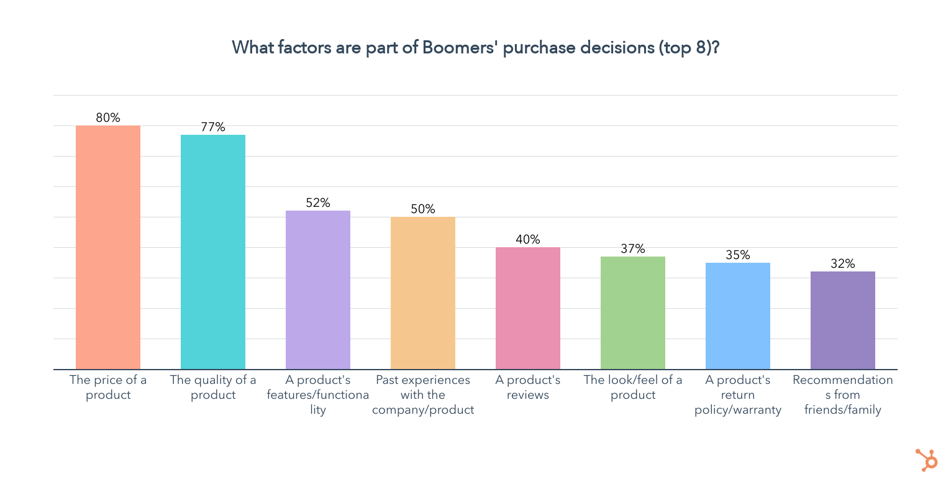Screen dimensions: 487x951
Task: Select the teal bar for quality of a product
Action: pyautogui.click(x=213, y=252)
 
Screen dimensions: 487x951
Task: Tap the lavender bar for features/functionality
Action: pyautogui.click(x=318, y=289)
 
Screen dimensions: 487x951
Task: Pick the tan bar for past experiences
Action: pyautogui.click(x=423, y=293)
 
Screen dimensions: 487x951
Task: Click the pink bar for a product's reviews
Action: pyautogui.click(x=528, y=308)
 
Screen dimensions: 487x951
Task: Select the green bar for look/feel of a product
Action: pyautogui.click(x=633, y=312)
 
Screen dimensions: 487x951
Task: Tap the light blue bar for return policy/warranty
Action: pyautogui.click(x=738, y=316)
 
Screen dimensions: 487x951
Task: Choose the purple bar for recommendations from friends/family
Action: pyautogui.click(x=843, y=320)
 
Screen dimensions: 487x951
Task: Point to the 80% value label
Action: pyautogui.click(x=108, y=117)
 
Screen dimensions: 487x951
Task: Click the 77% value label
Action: pyautogui.click(x=213, y=127)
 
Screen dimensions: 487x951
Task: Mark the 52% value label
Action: pyautogui.click(x=318, y=203)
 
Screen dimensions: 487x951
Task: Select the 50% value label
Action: pyautogui.click(x=423, y=209)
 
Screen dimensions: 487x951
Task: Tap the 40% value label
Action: pyautogui.click(x=528, y=239)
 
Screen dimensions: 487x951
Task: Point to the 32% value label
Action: pyautogui.click(x=843, y=263)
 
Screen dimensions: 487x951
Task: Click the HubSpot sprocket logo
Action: pyautogui.click(x=927, y=460)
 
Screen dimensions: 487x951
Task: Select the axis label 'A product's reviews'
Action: pyautogui.click(x=528, y=387)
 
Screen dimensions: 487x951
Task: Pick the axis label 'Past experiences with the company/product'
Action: pyautogui.click(x=423, y=394)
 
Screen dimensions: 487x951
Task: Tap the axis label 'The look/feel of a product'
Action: pyautogui.click(x=633, y=387)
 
